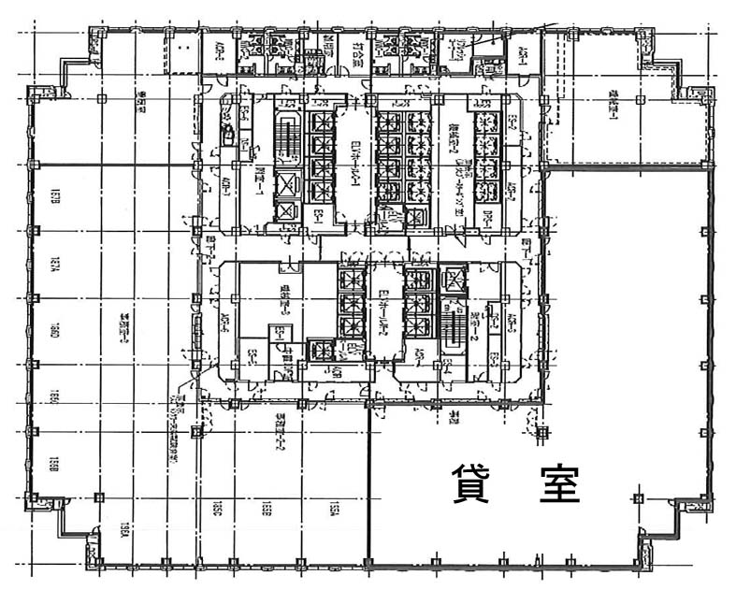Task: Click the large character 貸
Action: (x=472, y=484)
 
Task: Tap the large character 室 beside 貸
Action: (x=560, y=484)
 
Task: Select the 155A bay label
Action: (x=332, y=510)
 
